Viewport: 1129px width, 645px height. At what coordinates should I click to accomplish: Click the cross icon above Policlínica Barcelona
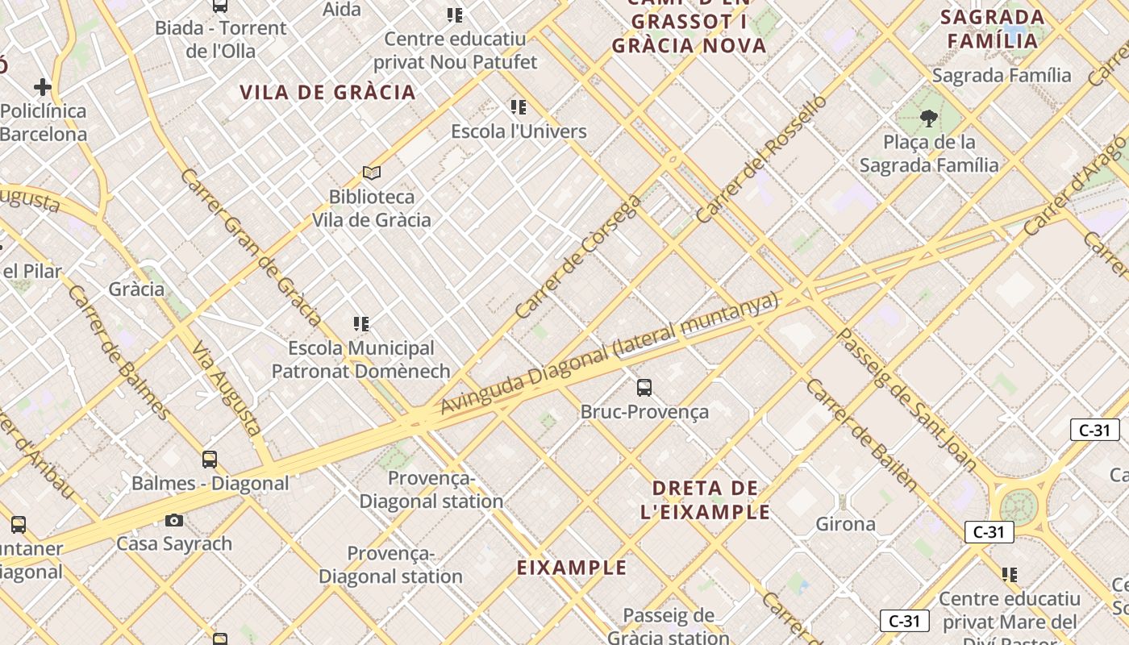coord(43,86)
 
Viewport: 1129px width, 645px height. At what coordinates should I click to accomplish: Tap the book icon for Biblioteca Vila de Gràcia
coord(371,173)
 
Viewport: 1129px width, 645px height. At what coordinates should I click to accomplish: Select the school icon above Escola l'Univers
coord(519,106)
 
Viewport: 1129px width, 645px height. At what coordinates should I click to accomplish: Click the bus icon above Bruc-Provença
coord(644,387)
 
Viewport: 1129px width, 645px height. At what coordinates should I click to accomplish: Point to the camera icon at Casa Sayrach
coord(174,520)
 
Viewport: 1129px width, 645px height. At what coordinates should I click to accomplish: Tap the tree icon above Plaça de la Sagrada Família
coord(928,119)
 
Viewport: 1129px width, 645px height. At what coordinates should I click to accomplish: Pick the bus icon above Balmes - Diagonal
coord(210,460)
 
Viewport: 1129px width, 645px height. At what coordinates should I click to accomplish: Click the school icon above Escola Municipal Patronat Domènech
coord(361,324)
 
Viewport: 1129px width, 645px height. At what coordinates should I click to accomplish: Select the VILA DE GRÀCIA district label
coord(327,92)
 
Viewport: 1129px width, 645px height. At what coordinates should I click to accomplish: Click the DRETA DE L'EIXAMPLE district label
coord(706,500)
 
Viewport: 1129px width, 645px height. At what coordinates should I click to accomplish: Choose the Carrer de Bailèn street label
coord(860,435)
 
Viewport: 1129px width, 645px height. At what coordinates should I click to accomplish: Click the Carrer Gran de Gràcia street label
coord(251,247)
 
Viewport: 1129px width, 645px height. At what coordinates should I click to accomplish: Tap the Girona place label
coord(845,524)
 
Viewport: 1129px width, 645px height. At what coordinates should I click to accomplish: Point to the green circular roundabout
coord(1019,506)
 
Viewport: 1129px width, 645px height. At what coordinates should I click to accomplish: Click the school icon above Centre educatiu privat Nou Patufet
coord(455,15)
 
